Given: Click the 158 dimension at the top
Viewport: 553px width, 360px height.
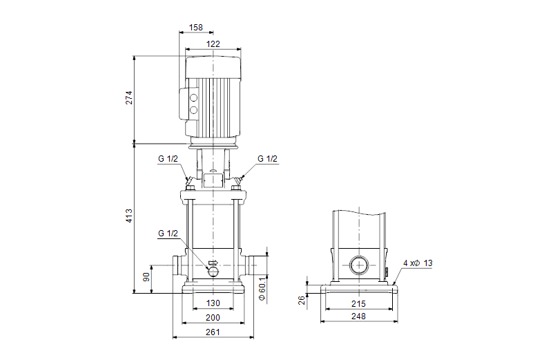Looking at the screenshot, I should coord(196,28).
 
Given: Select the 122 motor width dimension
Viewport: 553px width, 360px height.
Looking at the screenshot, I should coord(213,44).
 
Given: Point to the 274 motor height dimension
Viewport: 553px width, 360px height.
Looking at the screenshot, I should coord(128,97).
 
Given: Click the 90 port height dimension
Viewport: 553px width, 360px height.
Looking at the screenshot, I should coord(146,277).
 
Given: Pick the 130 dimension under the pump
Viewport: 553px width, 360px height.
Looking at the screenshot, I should coord(213,304).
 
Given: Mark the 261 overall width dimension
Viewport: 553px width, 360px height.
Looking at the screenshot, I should coord(213,333).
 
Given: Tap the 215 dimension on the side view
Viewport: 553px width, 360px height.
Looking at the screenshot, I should coord(358,304).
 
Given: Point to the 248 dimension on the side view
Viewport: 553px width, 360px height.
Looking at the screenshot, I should coord(358,316).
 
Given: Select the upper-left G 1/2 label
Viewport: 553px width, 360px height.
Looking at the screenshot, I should coord(168,159).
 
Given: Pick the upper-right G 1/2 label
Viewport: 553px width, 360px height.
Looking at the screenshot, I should coord(267,159).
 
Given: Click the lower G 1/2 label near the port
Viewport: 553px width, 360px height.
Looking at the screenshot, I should coord(168,234).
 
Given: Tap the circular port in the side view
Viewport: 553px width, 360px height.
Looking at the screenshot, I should coord(358,265).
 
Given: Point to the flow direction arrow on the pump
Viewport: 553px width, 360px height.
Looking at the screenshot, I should coord(213,263).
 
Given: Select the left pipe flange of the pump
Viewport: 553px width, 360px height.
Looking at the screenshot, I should coord(175,266).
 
